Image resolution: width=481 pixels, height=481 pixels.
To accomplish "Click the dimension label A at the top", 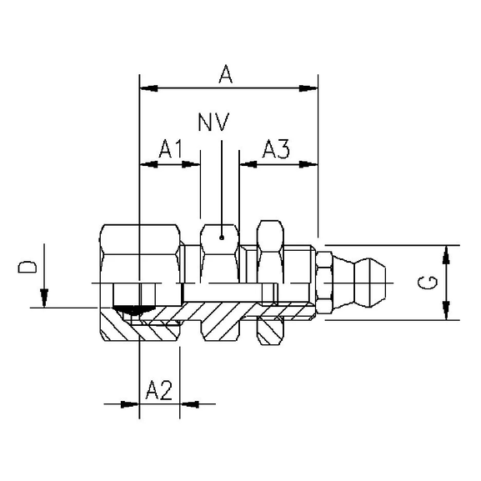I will pyautogui.click(x=225, y=74).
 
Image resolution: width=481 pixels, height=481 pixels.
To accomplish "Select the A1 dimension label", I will pyautogui.click(x=171, y=149).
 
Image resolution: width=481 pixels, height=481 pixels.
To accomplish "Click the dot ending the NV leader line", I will pyautogui.click(x=222, y=237).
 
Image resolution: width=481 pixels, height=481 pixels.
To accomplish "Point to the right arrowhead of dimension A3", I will pyautogui.click(x=312, y=163).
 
